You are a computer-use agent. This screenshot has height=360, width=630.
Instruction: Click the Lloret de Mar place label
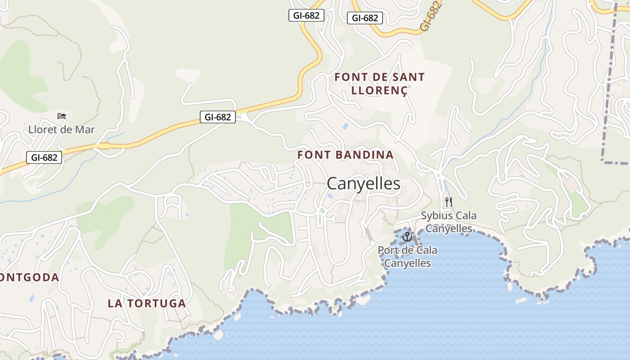click(62, 130)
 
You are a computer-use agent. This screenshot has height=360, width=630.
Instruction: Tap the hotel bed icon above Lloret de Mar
click(62, 116)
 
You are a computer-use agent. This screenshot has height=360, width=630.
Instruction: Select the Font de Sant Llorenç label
click(379, 84)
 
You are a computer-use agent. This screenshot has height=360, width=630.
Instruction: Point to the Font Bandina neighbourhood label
click(345, 155)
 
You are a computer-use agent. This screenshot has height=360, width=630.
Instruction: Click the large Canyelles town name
click(364, 184)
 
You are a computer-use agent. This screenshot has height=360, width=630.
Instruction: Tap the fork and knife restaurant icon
click(448, 202)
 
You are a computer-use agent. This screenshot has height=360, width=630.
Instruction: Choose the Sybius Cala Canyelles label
click(449, 222)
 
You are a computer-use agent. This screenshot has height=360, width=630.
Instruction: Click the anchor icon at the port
click(407, 236)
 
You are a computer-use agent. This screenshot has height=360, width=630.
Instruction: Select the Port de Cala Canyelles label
click(407, 256)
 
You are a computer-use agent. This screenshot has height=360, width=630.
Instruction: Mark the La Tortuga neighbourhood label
click(147, 303)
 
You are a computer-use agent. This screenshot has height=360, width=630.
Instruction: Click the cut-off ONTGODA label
click(30, 277)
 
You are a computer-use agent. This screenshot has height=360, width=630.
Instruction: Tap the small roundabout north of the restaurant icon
click(438, 175)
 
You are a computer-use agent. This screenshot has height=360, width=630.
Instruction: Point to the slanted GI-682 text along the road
click(431, 16)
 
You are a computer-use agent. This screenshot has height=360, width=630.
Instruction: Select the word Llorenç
click(379, 90)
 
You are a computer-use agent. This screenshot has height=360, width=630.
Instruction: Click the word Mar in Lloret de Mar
click(86, 130)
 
